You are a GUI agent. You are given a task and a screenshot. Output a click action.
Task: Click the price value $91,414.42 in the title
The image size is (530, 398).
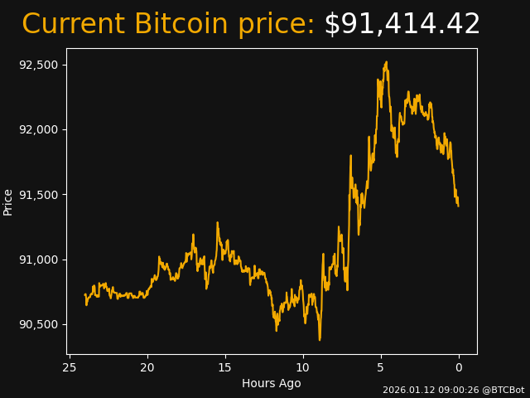pyautogui.click(x=402, y=25)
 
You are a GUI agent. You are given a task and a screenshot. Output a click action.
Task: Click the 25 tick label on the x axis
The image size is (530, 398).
pyautogui.click(x=70, y=367)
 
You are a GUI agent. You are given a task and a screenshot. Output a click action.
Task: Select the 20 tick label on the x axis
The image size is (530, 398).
pyautogui.click(x=147, y=367)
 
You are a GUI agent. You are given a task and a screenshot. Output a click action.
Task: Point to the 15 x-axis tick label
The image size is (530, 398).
pyautogui.click(x=225, y=367)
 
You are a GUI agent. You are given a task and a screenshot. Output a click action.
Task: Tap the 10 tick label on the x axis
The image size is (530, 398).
pyautogui.click(x=303, y=367)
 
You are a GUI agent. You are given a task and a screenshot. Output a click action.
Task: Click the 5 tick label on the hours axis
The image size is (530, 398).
pyautogui.click(x=381, y=367)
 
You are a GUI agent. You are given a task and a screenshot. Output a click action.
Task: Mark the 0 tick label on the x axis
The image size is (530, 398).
pyautogui.click(x=459, y=367)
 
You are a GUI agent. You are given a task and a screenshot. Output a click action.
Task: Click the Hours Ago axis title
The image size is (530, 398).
pyautogui.click(x=272, y=383)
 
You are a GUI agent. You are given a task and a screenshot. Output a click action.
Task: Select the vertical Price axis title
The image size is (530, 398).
pyautogui.click(x=8, y=201)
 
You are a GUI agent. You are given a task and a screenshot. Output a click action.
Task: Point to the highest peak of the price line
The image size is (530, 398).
pyautogui.click(x=386, y=62)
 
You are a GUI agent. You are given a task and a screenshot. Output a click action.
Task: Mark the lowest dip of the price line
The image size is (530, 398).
pyautogui.click(x=320, y=339)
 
